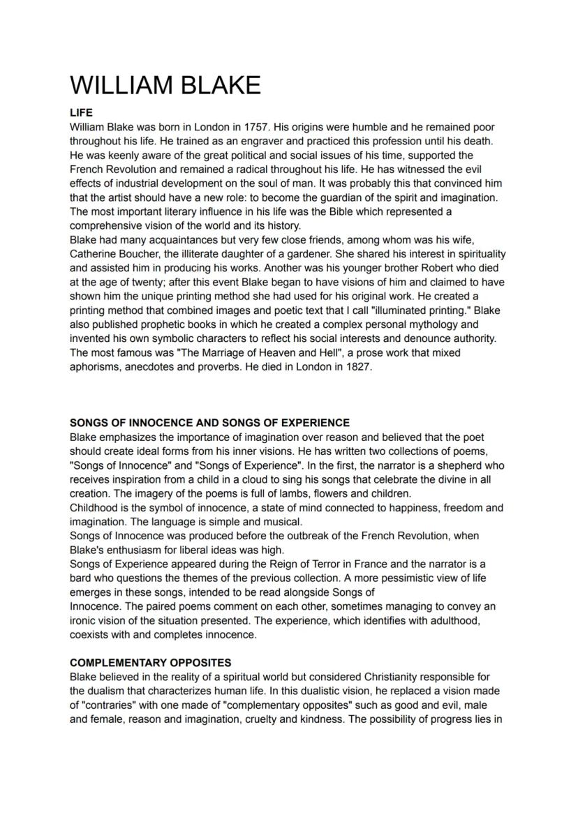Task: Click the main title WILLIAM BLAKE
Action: click(165, 85)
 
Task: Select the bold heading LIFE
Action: click(81, 112)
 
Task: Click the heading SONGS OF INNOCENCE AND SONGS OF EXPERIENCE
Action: click(209, 423)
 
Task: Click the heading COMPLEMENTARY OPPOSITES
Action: click(151, 663)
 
